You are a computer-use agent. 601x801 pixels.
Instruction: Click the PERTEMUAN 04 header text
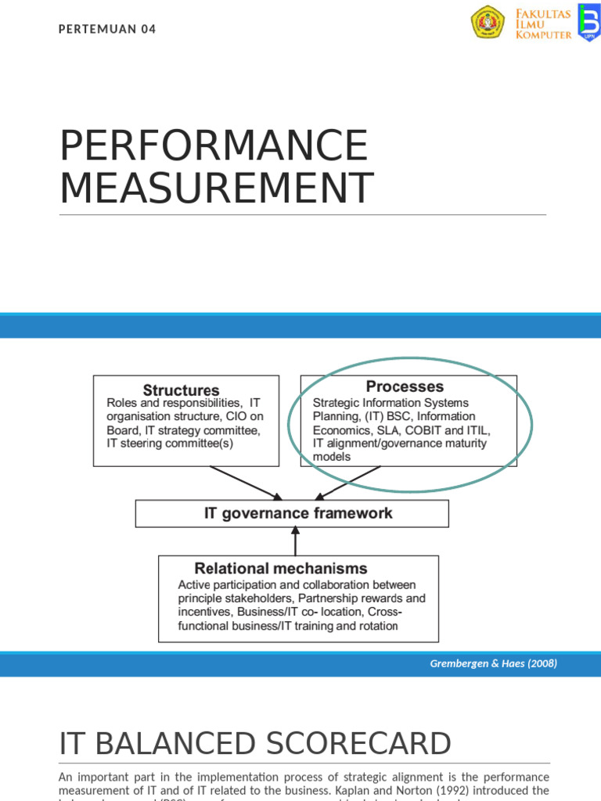(108, 30)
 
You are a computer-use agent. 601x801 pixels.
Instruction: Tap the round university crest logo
(488, 23)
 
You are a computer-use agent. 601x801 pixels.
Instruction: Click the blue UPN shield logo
(588, 22)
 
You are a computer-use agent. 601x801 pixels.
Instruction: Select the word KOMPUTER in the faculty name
(543, 35)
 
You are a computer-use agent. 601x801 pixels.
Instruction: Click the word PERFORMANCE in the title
(214, 146)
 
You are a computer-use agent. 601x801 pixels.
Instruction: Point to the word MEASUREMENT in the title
(217, 189)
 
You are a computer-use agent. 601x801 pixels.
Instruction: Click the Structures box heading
(181, 390)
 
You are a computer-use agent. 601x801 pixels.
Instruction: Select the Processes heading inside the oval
(405, 386)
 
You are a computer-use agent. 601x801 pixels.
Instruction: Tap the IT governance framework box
(292, 514)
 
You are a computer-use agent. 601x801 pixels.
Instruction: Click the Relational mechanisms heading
(281, 569)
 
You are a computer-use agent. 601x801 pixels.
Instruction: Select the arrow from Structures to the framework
(247, 483)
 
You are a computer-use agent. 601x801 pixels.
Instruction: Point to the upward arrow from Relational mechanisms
(294, 541)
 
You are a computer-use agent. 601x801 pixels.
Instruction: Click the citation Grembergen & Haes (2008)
(493, 664)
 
